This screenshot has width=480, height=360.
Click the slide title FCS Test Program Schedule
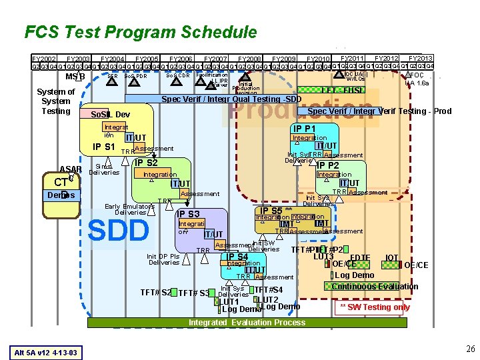pyautogui.click(x=140, y=32)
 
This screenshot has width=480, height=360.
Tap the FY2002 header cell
pyautogui.click(x=44, y=59)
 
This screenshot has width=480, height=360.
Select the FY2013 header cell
pyautogui.click(x=421, y=59)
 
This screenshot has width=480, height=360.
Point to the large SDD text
pyautogui.click(x=119, y=231)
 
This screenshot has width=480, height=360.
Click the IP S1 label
pyautogui.click(x=104, y=147)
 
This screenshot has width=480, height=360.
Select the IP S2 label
pyautogui.click(x=146, y=162)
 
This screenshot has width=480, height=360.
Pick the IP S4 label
pyautogui.click(x=237, y=257)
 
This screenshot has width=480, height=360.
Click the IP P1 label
pyautogui.click(x=304, y=129)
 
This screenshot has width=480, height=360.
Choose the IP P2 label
pyautogui.click(x=327, y=165)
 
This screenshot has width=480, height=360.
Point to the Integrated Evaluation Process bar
pyautogui.click(x=247, y=322)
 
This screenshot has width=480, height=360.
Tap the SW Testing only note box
pyautogui.click(x=375, y=307)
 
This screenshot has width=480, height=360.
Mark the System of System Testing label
pyautogui.click(x=56, y=101)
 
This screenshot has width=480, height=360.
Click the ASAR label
pyautogui.click(x=71, y=169)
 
